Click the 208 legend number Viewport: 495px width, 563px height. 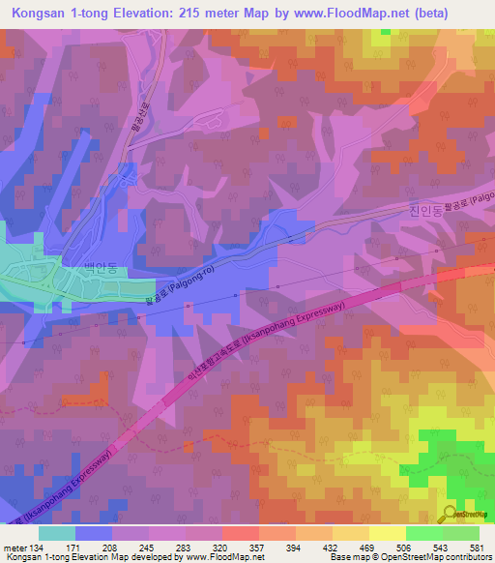click(x=112, y=548)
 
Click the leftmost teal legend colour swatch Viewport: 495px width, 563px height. click(x=57, y=533)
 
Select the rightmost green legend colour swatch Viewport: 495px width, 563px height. click(x=461, y=533)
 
